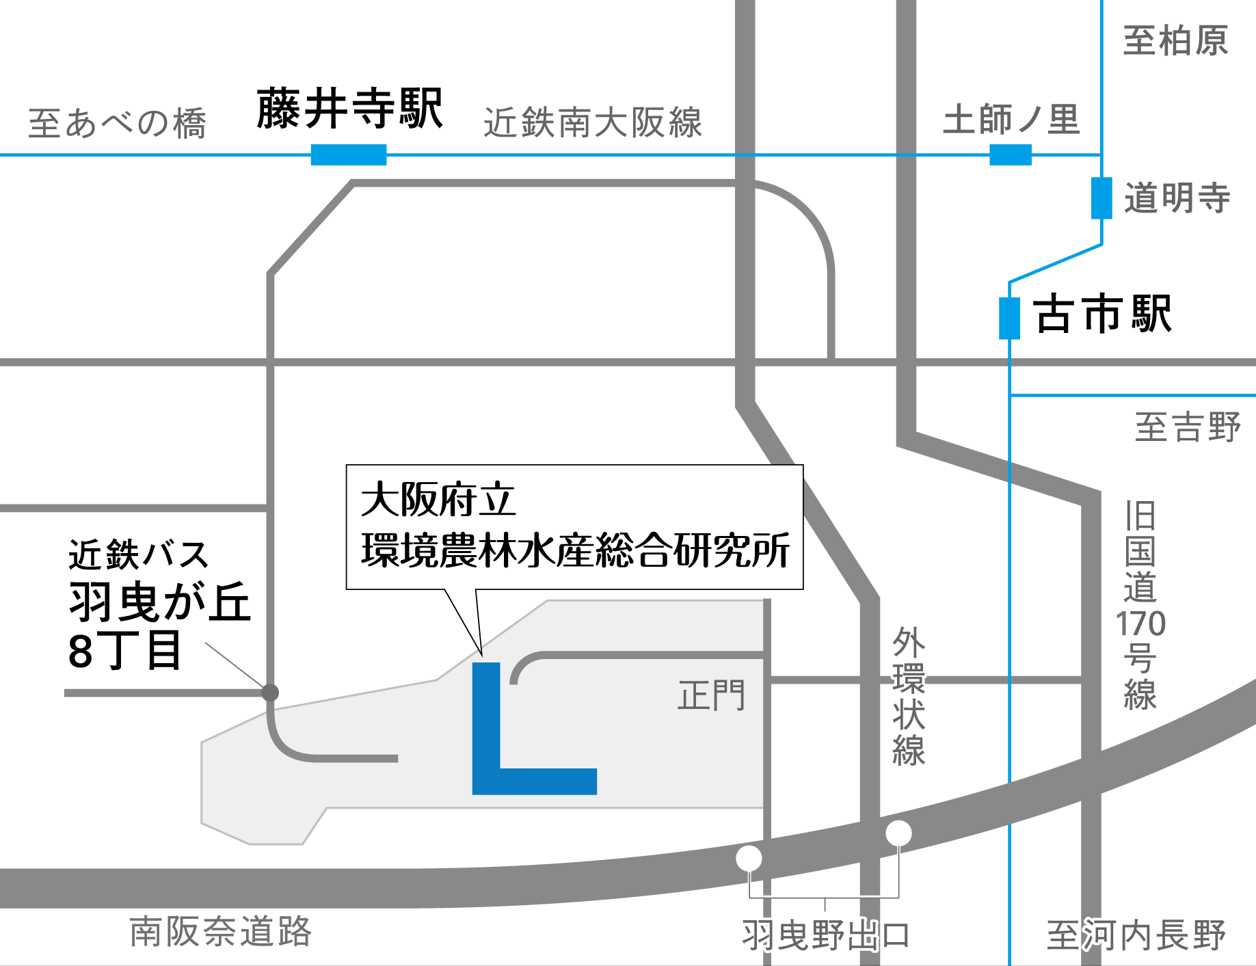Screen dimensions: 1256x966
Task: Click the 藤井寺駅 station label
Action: (x=349, y=109)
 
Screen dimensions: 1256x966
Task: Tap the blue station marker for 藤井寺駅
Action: (x=349, y=155)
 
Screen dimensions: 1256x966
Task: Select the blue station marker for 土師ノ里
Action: (x=1011, y=155)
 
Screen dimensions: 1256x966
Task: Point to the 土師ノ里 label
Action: (x=1011, y=120)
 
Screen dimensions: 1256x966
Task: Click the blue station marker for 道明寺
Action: (x=1101, y=198)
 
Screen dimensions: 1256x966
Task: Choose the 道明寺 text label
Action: (x=1177, y=198)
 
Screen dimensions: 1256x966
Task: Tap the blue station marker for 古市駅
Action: (x=1009, y=318)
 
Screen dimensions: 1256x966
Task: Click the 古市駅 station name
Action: (x=1103, y=314)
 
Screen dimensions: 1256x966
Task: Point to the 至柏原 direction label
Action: (x=1175, y=41)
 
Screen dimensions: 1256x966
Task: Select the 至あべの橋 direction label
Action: (x=117, y=124)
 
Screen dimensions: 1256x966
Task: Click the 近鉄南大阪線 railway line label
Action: (x=593, y=123)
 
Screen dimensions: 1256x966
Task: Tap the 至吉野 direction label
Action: (x=1187, y=428)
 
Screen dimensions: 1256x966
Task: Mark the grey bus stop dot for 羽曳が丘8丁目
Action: (x=270, y=693)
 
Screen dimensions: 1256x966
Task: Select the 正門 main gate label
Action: (x=711, y=696)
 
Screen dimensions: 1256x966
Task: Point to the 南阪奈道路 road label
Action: (x=220, y=931)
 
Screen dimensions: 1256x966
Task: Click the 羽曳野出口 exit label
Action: (x=826, y=935)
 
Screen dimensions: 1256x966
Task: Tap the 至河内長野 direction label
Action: (x=1136, y=935)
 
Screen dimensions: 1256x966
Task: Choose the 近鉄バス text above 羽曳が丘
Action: (x=138, y=554)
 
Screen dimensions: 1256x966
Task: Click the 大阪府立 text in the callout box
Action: (x=438, y=500)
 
